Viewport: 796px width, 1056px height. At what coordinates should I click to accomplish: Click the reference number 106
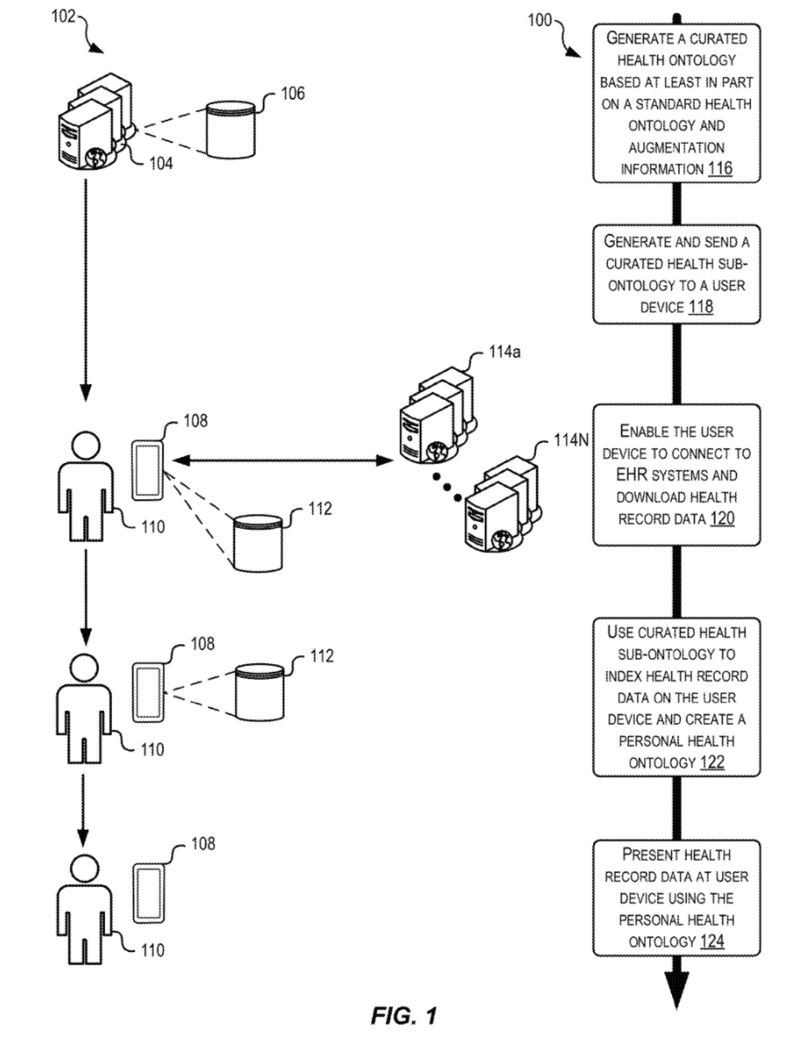click(x=293, y=94)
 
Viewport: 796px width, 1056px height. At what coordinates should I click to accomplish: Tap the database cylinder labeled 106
click(x=230, y=129)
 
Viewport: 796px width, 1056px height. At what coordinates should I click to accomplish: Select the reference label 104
click(x=161, y=163)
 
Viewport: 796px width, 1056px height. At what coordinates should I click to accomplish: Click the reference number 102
click(x=64, y=17)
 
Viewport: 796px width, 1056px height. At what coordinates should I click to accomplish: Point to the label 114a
click(x=504, y=352)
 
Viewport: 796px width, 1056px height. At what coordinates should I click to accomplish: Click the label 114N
click(x=570, y=440)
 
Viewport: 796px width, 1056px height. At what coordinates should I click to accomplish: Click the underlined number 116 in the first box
click(x=720, y=168)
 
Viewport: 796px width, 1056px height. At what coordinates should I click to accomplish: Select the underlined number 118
click(x=700, y=307)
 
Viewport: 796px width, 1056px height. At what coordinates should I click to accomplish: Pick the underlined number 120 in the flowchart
click(x=722, y=519)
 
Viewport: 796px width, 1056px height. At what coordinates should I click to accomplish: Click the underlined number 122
click(x=712, y=762)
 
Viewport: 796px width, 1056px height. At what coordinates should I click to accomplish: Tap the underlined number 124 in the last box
click(x=712, y=941)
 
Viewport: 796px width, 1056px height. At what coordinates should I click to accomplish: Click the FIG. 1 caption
click(x=403, y=1016)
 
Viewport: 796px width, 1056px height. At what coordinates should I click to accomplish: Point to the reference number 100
click(x=539, y=21)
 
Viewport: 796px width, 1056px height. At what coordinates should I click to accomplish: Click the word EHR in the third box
click(x=631, y=475)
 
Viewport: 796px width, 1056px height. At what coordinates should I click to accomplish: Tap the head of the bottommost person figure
click(x=84, y=869)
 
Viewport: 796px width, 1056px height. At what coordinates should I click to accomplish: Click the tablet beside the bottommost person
click(x=148, y=893)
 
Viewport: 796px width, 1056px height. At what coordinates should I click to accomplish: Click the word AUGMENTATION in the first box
click(x=676, y=147)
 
